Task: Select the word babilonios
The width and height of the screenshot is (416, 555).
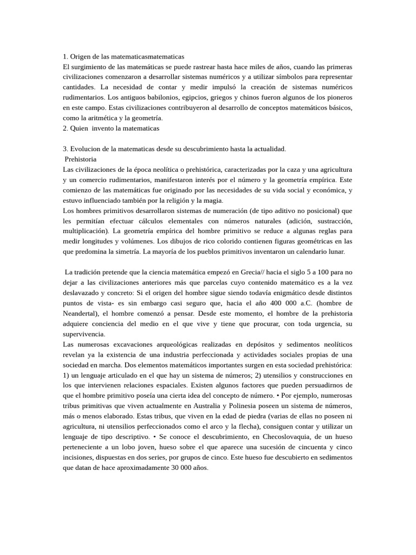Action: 175,98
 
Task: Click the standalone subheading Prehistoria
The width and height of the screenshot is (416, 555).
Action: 81,159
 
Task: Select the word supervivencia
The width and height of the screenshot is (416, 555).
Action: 84,334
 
